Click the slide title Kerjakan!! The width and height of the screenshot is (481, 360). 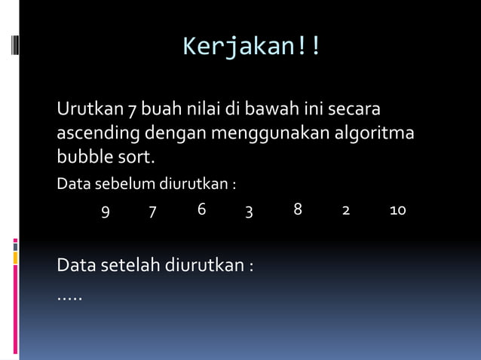coord(252,47)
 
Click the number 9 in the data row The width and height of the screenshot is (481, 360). coord(106,211)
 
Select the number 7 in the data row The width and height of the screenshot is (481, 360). coord(152,211)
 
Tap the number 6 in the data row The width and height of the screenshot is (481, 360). coord(202,209)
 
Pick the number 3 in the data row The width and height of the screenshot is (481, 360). coord(249,211)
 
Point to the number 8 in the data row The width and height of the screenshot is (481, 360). coord(298,209)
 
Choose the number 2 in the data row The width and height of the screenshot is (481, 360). coord(346,211)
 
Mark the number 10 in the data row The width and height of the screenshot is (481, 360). coord(397,210)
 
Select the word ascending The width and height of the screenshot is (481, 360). coord(98,135)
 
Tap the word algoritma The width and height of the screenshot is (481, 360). coord(376,133)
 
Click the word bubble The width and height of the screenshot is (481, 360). coord(82,158)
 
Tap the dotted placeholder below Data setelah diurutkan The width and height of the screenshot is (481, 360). coord(69,296)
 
